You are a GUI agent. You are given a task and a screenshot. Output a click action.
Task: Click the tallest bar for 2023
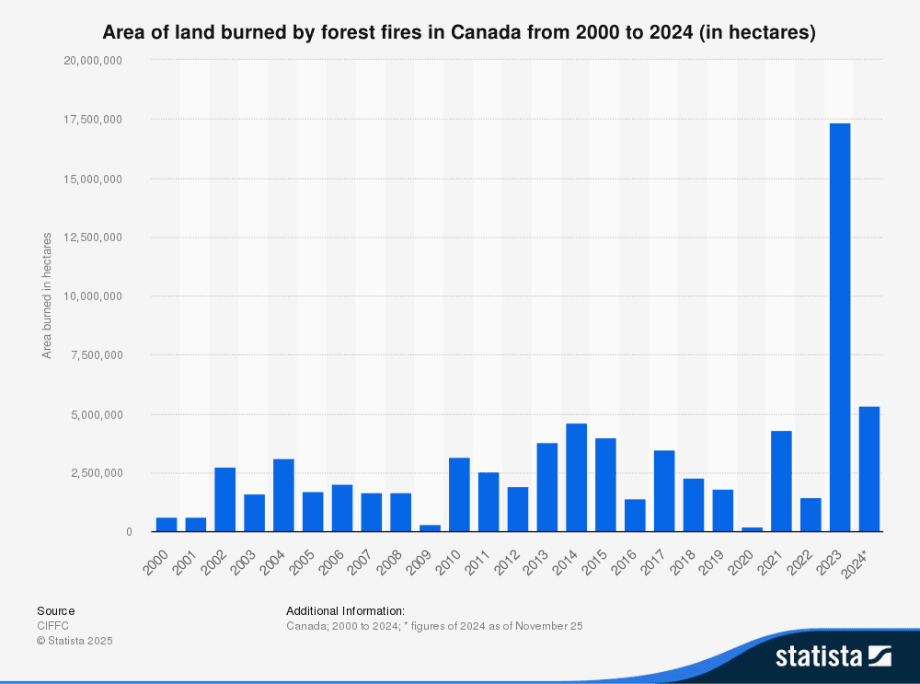coord(839,327)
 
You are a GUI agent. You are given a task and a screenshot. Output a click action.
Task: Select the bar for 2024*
coord(868,469)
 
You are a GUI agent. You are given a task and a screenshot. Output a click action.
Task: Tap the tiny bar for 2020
coord(752,528)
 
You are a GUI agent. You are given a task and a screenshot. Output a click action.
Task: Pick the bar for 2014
coord(576,477)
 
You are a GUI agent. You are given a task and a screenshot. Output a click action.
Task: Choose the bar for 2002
coord(224,499)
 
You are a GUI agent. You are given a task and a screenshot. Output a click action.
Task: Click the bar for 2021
coord(781,481)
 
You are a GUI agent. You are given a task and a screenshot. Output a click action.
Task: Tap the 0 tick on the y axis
coord(129,532)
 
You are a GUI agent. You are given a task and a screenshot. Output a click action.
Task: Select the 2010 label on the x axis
coord(450,557)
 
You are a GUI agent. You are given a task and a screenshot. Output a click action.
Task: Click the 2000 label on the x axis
coord(157,557)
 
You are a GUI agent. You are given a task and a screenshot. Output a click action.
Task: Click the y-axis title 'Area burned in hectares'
coord(46,296)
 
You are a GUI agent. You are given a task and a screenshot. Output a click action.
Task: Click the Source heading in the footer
coord(55,610)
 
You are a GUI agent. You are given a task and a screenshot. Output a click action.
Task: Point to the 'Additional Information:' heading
coord(345,610)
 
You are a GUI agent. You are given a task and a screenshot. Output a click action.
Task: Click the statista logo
coord(833,655)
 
